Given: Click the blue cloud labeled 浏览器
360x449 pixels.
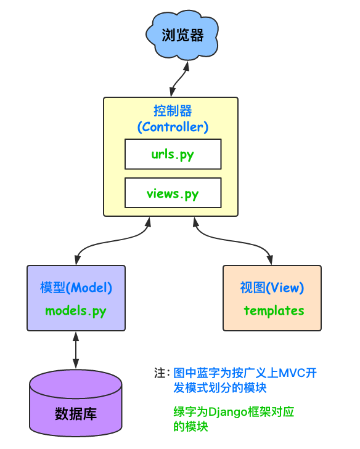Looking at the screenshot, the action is click(182, 35).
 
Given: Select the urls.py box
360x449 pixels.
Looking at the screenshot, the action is click(173, 154).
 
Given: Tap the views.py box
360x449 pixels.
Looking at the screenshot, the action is click(173, 193).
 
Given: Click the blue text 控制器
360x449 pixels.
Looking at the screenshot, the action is click(173, 111).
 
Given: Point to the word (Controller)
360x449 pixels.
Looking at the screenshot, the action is click(173, 127).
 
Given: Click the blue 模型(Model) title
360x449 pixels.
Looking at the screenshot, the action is click(76, 288).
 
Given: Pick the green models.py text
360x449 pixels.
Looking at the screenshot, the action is click(76, 311).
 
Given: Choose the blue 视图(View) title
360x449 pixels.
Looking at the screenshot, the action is click(272, 288).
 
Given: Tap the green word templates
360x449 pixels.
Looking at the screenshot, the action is click(274, 310).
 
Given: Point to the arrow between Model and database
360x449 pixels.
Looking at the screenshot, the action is click(76, 350).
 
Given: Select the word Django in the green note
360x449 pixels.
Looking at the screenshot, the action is click(227, 412).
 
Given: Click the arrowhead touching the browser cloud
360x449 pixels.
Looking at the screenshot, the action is click(187, 65).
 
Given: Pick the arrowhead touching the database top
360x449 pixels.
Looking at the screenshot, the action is click(76, 363).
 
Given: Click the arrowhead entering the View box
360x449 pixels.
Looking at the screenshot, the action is click(270, 260).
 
